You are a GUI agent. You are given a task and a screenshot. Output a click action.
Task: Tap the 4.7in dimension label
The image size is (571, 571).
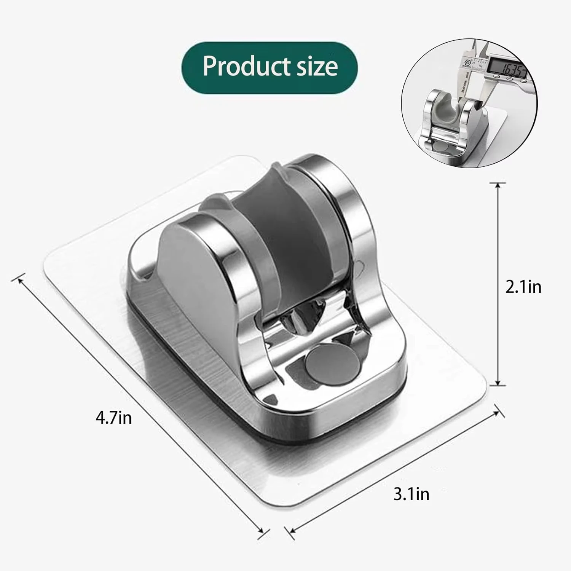[113, 418]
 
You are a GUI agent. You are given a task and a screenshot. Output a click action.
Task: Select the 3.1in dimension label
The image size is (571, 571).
[411, 494]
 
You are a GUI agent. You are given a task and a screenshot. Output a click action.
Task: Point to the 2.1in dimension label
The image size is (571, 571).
[523, 287]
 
